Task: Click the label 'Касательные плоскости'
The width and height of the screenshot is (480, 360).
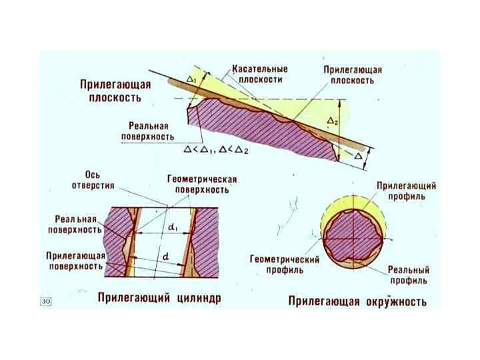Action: click(259, 73)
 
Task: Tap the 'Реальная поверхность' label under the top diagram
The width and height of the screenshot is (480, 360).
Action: click(147, 131)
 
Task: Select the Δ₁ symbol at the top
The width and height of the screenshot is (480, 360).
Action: click(193, 79)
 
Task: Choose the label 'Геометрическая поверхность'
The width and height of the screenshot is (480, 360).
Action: click(202, 185)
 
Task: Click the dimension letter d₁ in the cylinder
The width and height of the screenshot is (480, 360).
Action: click(172, 229)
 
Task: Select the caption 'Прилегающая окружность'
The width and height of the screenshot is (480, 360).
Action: click(357, 301)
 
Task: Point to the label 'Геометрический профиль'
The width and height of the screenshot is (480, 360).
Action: click(285, 264)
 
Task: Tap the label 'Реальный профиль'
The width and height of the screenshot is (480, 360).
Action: click(409, 275)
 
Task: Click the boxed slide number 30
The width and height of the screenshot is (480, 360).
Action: click(46, 302)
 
